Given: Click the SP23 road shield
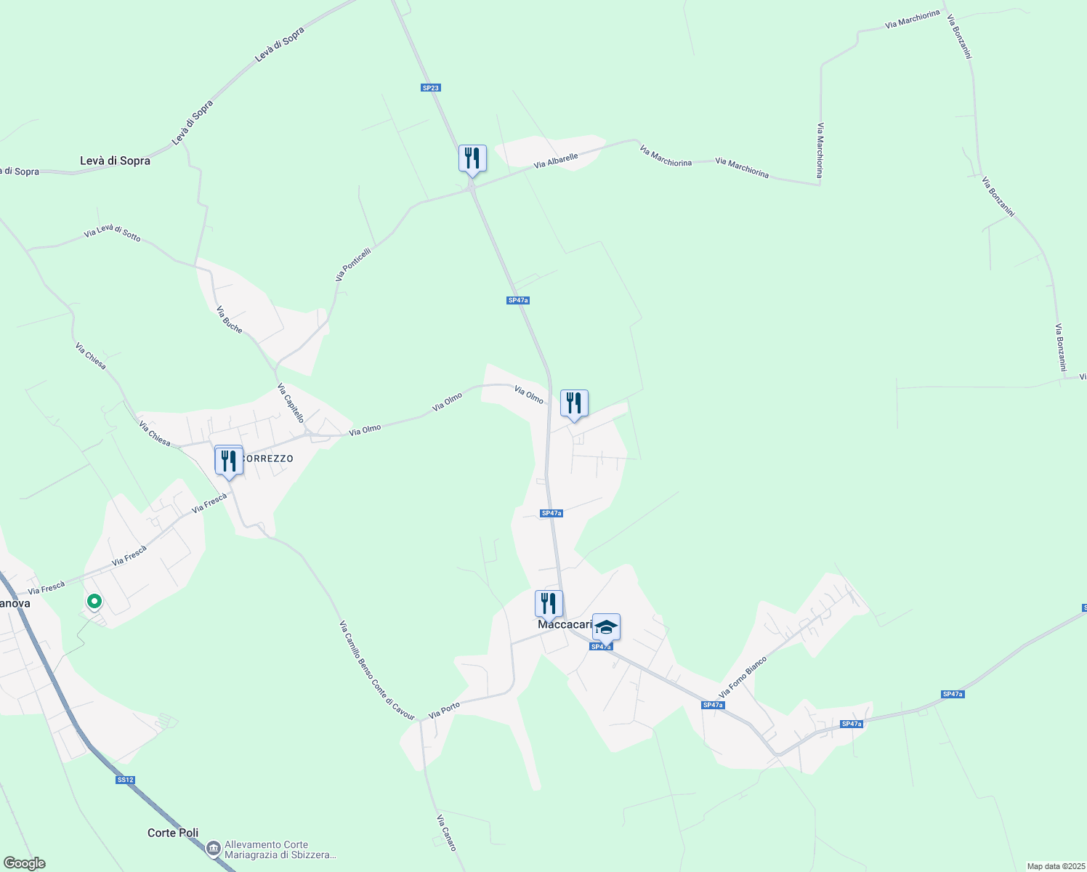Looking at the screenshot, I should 431,88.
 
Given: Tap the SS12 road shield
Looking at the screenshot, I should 125,780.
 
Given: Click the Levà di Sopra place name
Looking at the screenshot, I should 115,161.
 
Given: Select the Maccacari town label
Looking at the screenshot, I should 565,624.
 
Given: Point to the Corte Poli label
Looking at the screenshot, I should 173,833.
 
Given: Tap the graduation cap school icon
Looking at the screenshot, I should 606,626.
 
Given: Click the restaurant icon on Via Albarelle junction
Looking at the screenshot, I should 472,158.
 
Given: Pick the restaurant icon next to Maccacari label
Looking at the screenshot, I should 549,603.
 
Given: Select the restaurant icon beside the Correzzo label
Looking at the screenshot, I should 229,461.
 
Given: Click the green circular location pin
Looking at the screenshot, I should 94,601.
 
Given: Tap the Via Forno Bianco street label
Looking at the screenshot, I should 743,677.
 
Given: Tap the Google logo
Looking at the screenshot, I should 24,863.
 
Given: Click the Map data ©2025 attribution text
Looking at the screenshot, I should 1056,866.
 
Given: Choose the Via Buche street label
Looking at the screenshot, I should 230,320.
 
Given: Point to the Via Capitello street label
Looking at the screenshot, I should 291,404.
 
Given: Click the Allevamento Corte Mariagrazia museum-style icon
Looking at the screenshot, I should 213,848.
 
